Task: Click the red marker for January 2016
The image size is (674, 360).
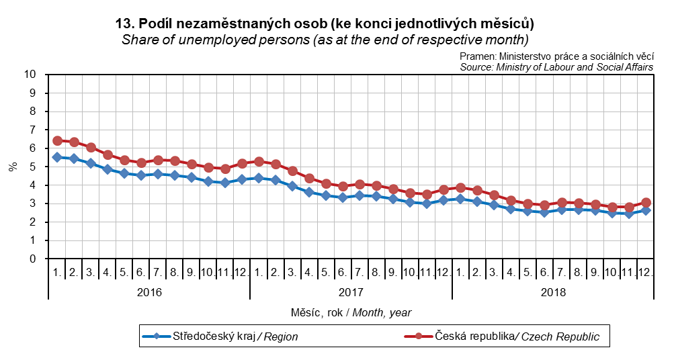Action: [x=57, y=140]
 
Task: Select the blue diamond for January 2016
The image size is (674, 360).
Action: [x=57, y=157]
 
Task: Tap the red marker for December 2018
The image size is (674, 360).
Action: [x=646, y=202]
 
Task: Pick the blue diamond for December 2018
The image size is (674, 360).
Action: [x=646, y=210]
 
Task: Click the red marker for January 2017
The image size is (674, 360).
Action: [x=259, y=161]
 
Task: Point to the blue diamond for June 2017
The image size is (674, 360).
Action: [x=343, y=197]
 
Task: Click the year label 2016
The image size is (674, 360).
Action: [x=149, y=292]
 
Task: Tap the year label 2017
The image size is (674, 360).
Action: [x=351, y=292]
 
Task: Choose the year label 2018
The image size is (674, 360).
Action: [x=552, y=292]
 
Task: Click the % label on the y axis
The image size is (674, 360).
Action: [x=13, y=167]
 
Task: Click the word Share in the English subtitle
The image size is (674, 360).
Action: [x=138, y=39]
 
